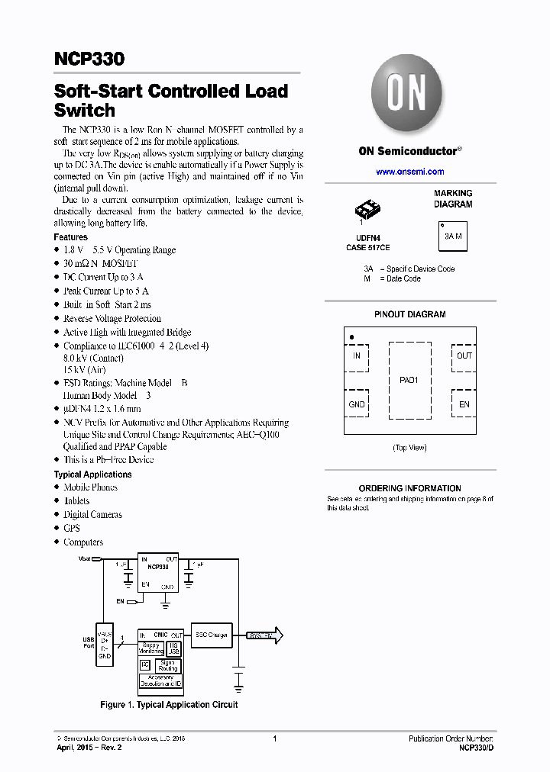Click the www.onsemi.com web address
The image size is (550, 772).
[409, 172]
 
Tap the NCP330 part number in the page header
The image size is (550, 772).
[89, 59]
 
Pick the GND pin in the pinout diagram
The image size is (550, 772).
[357, 404]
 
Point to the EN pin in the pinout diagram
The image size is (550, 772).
[464, 404]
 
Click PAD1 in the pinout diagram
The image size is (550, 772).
[409, 380]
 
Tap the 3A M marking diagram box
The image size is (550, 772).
[453, 236]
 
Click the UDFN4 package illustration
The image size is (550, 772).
[367, 207]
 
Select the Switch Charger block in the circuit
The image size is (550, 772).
[211, 635]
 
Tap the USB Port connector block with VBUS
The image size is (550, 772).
[105, 645]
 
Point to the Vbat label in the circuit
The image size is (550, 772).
[85, 559]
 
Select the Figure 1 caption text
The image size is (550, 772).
[169, 705]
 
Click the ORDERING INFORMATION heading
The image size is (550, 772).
[409, 488]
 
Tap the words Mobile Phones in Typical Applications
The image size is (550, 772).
[90, 487]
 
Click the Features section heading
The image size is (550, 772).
[70, 237]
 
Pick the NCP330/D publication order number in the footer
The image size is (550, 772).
[477, 748]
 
